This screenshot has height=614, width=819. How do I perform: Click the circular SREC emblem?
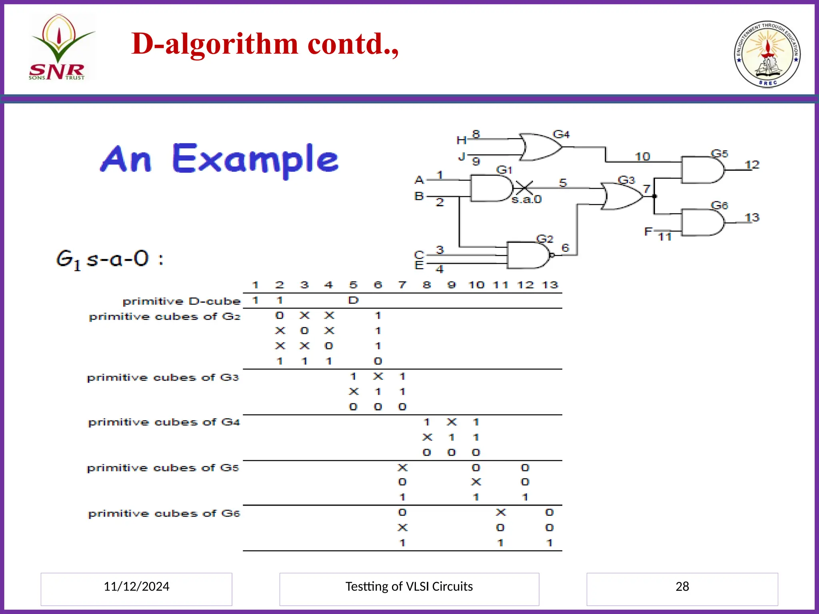(x=767, y=54)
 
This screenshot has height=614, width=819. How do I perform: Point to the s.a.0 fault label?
(x=527, y=199)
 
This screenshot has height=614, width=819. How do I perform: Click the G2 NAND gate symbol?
(x=528, y=255)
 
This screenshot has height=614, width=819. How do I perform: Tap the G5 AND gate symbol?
(x=702, y=170)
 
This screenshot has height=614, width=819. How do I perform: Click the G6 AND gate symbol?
(x=702, y=222)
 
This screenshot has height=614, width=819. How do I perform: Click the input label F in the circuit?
(x=648, y=231)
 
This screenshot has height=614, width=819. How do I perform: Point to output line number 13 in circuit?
(x=752, y=217)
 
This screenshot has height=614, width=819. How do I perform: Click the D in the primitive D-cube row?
(x=353, y=300)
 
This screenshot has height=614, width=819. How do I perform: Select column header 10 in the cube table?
(x=476, y=285)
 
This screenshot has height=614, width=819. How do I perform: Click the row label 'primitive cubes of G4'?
(x=164, y=422)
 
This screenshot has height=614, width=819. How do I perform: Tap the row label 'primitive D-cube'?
(x=182, y=301)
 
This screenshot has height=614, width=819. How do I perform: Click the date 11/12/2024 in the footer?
(x=136, y=586)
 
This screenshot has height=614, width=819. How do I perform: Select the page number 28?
(x=682, y=586)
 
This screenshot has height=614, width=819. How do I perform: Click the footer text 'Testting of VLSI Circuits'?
(x=409, y=586)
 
